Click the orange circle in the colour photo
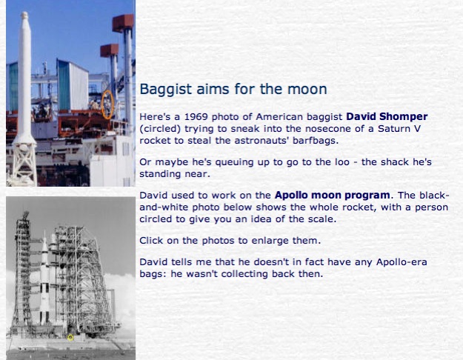(x=102, y=105)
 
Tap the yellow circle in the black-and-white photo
(x=70, y=338)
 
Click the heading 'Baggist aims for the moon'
(x=233, y=89)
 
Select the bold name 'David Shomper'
(x=387, y=116)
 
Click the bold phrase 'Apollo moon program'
(x=332, y=196)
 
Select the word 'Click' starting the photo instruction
(x=151, y=241)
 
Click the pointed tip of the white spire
(x=24, y=13)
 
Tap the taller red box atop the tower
(x=123, y=23)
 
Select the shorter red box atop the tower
(x=109, y=50)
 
